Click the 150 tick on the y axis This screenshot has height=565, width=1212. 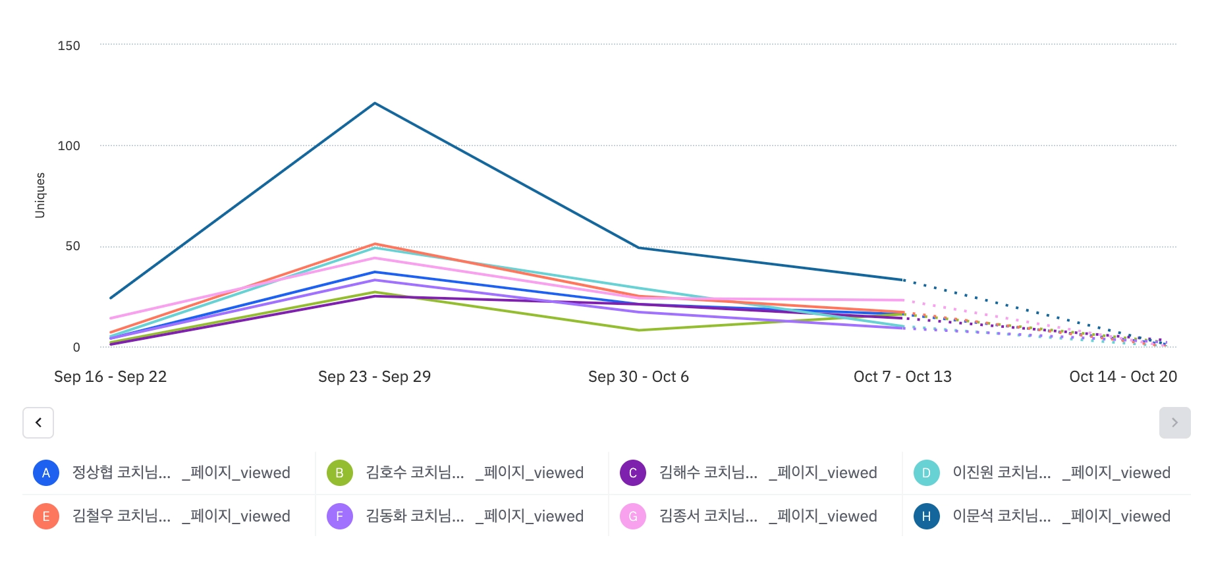(x=69, y=46)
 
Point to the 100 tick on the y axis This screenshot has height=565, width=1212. (x=69, y=146)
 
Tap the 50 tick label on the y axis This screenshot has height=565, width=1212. (x=72, y=246)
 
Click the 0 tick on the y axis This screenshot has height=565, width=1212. (x=76, y=348)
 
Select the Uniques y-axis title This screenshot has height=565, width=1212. (x=40, y=195)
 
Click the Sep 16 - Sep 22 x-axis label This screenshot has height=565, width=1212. (x=111, y=377)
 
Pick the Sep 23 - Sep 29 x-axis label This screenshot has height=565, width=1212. (x=374, y=377)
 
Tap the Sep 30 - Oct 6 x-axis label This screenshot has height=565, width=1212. (x=638, y=377)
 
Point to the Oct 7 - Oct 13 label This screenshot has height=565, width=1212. (x=902, y=377)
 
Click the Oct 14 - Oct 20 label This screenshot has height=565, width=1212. (x=1123, y=377)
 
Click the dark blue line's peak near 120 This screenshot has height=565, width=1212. (x=375, y=103)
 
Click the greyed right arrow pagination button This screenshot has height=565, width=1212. (x=1174, y=423)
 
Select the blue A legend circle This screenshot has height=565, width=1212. (x=46, y=473)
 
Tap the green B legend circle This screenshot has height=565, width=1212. (x=340, y=473)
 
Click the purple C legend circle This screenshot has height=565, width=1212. (x=633, y=473)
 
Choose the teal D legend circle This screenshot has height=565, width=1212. (x=926, y=473)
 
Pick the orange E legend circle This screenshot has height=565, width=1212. (x=46, y=516)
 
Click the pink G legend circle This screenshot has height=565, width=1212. (x=633, y=516)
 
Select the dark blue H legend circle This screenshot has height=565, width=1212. (x=926, y=516)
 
